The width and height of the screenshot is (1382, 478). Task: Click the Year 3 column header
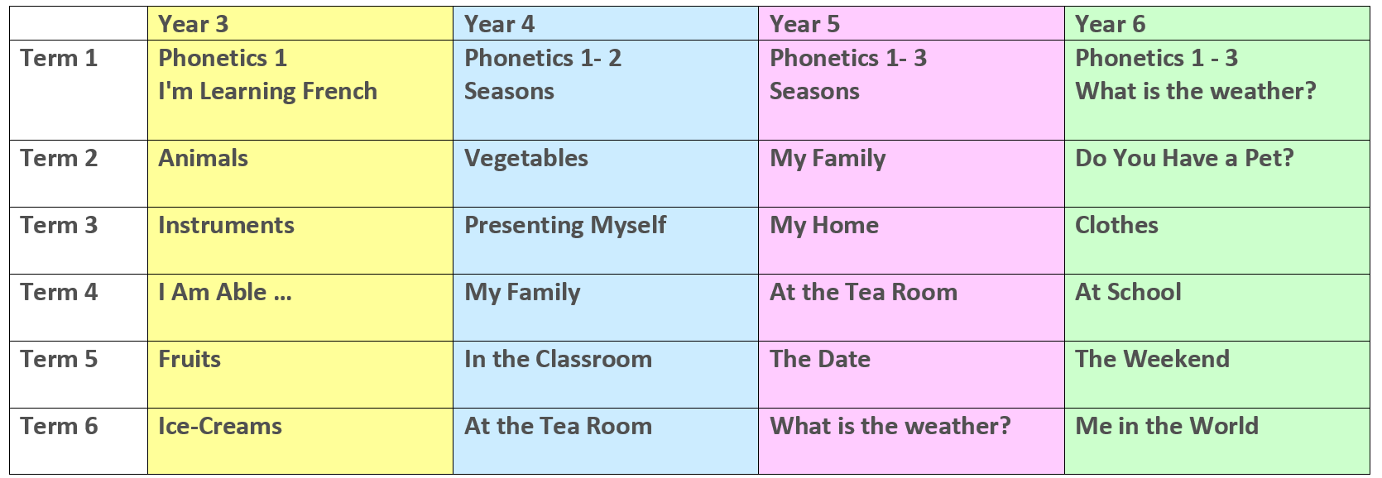pyautogui.click(x=193, y=25)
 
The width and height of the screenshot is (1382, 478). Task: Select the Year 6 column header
pyautogui.click(x=1110, y=25)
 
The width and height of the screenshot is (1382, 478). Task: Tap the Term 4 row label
pyautogui.click(x=59, y=293)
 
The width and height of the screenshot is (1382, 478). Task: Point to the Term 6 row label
pyautogui.click(x=59, y=426)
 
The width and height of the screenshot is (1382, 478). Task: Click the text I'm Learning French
pyautogui.click(x=268, y=91)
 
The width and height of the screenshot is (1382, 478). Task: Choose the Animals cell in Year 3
pyautogui.click(x=203, y=159)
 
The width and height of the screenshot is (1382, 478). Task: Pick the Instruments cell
pyautogui.click(x=227, y=226)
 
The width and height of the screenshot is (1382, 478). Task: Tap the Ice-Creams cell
pyautogui.click(x=220, y=426)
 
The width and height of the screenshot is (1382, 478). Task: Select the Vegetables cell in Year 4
pyautogui.click(x=526, y=159)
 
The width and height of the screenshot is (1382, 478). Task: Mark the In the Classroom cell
pyautogui.click(x=559, y=360)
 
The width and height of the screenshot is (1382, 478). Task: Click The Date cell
pyautogui.click(x=820, y=360)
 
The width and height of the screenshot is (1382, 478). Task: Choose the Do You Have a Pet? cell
pyautogui.click(x=1184, y=159)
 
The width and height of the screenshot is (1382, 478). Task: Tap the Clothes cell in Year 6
pyautogui.click(x=1116, y=226)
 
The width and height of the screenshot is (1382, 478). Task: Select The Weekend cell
pyautogui.click(x=1153, y=360)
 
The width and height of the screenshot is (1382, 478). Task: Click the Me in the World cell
pyautogui.click(x=1167, y=426)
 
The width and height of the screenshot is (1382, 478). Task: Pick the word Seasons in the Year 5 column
pyautogui.click(x=814, y=92)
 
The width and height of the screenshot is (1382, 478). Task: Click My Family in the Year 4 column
pyautogui.click(x=522, y=293)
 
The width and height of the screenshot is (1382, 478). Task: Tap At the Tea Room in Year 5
pyautogui.click(x=864, y=293)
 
